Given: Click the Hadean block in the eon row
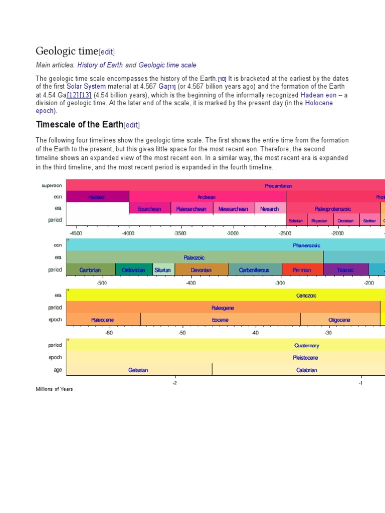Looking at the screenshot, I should [x=97, y=197].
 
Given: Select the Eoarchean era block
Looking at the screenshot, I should [x=149, y=209].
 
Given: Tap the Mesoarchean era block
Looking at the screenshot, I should [x=234, y=209].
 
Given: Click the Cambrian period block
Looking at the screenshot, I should [x=90, y=270].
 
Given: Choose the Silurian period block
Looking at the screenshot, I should [x=162, y=270].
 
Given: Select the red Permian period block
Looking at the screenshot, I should [x=302, y=270].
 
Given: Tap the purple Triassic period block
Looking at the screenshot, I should [x=345, y=270].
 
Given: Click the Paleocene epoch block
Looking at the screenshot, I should [x=103, y=320].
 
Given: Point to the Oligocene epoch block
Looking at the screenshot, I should [x=339, y=320].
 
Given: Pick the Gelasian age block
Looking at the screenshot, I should [x=138, y=370].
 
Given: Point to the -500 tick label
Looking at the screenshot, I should [x=102, y=283].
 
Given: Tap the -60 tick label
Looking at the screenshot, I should [x=109, y=333].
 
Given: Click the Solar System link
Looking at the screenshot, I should [x=86, y=86].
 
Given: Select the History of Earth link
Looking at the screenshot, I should [x=100, y=65].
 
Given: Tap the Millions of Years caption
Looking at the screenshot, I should [x=54, y=389].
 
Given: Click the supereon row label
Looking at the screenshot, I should [x=52, y=185].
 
